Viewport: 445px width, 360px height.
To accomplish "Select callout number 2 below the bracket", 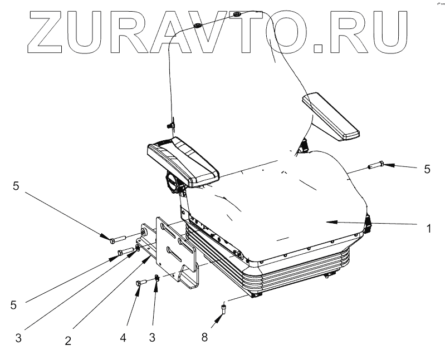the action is (68, 341).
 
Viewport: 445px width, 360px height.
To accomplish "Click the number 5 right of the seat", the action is (427, 169).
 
